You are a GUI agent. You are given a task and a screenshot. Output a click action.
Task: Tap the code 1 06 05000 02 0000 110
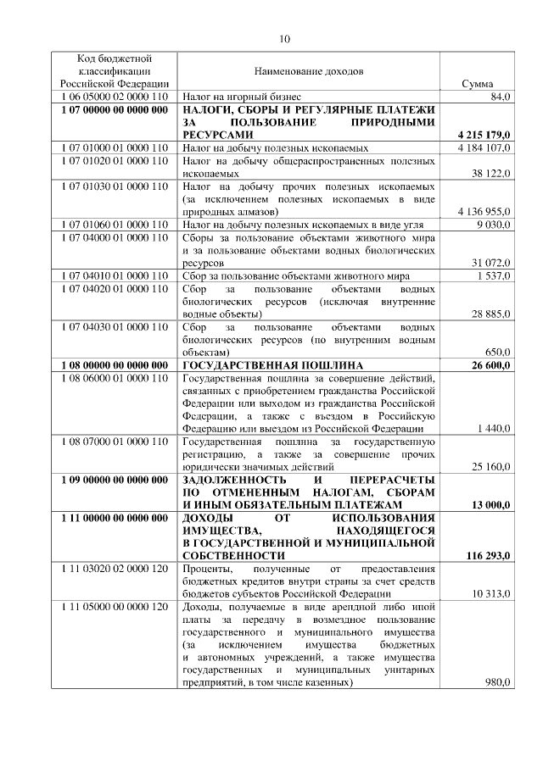coord(115,98)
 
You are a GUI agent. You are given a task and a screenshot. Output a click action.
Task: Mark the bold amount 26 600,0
coord(489,364)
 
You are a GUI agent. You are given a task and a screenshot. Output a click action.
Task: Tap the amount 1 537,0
coord(491,276)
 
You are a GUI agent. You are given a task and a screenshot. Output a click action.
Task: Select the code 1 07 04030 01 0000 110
coord(115,326)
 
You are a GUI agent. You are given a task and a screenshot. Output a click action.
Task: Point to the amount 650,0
coord(495,352)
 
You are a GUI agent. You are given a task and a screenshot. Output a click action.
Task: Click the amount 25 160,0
coord(489,467)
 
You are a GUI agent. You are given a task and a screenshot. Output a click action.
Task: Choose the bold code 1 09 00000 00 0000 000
coord(115,480)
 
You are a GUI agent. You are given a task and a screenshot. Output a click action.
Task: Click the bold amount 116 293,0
coord(486,556)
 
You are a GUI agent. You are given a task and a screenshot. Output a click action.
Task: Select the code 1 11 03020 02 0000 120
coord(115,569)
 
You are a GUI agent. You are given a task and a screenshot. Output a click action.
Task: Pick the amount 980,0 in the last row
coord(495,683)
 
